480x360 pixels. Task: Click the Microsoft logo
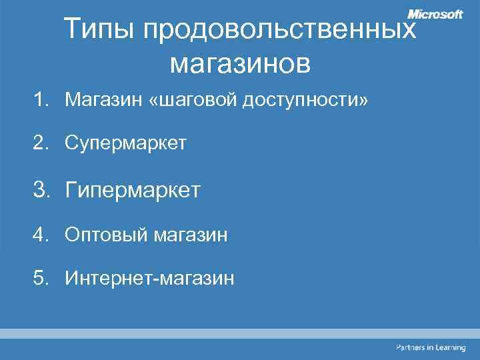pos(435,14)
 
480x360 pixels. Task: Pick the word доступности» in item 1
pos(306,101)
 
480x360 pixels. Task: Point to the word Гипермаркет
pos(133,191)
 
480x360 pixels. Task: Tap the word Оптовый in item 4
pos(106,235)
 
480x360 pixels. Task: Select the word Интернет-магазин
pos(150,277)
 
